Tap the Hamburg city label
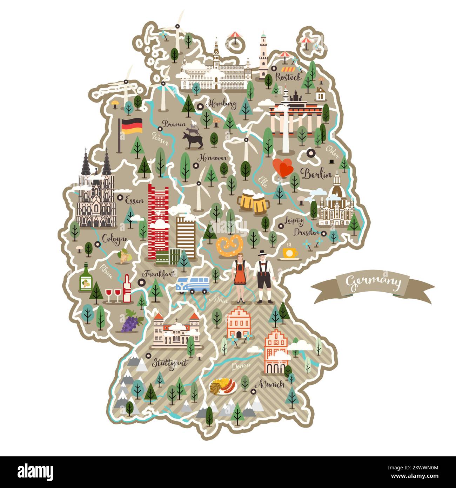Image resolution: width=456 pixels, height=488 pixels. click(222, 104)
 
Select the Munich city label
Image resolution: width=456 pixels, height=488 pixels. click(269, 384)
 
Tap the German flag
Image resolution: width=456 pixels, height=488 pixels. click(132, 126)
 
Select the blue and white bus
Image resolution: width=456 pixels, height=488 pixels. click(193, 284)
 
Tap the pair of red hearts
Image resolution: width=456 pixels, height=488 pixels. click(283, 167)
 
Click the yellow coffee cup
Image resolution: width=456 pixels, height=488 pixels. click(290, 253)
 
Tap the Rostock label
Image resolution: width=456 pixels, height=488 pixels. click(288, 77)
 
